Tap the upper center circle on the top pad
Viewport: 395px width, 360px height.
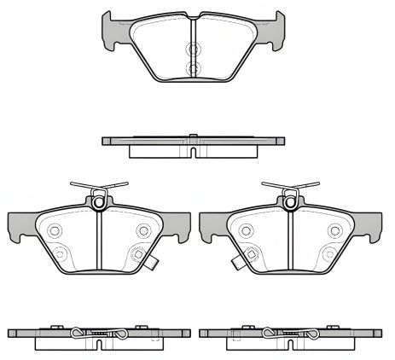point(194,46)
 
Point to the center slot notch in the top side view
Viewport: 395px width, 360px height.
point(194,152)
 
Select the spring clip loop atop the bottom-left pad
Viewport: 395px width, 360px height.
point(99,201)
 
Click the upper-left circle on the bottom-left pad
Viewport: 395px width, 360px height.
point(54,230)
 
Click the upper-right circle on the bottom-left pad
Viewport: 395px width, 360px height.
point(142,230)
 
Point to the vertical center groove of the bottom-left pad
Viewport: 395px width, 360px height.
point(99,243)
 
